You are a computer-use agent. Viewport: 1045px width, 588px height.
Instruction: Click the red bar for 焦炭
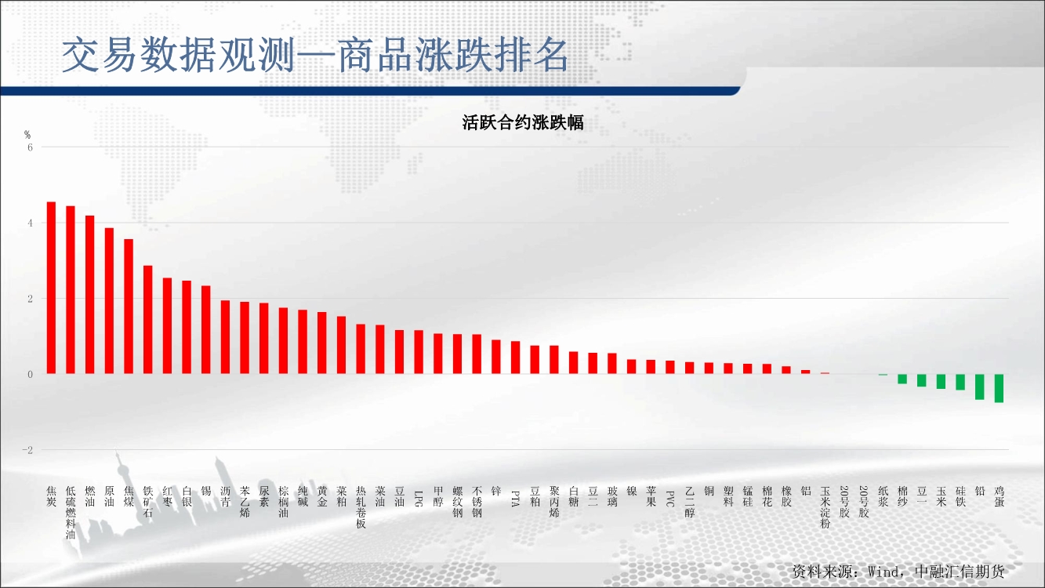[51, 288]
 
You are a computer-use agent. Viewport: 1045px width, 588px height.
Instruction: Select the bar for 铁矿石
[148, 320]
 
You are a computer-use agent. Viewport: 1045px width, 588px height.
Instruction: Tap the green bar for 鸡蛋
[999, 388]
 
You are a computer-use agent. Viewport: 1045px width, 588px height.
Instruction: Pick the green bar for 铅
[980, 387]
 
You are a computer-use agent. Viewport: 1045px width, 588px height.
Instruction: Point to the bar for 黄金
[322, 343]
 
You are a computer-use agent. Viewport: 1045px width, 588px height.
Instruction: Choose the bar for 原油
[109, 301]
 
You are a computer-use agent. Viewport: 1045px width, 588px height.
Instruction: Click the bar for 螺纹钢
[457, 354]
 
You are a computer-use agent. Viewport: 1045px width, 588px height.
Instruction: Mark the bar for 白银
[187, 327]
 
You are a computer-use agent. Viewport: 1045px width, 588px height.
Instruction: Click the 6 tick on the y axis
[31, 147]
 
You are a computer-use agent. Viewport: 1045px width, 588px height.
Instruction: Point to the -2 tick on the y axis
[28, 450]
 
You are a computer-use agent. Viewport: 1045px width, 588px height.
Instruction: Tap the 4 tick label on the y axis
[31, 223]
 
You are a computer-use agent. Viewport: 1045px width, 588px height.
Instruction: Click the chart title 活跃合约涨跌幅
[523, 123]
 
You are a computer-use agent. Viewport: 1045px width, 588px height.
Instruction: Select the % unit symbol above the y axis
[27, 135]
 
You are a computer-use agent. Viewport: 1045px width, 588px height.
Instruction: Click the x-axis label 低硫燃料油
[71, 513]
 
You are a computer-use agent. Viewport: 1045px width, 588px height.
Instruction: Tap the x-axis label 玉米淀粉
[825, 507]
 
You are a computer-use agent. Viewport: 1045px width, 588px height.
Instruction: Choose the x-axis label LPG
[419, 499]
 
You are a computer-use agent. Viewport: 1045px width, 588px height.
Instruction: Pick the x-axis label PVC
[670, 499]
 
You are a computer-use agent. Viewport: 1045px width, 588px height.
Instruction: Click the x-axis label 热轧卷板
[361, 507]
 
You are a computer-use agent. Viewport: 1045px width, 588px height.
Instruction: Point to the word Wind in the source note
[884, 572]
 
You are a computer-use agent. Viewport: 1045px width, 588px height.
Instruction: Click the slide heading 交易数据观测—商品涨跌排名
[315, 55]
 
